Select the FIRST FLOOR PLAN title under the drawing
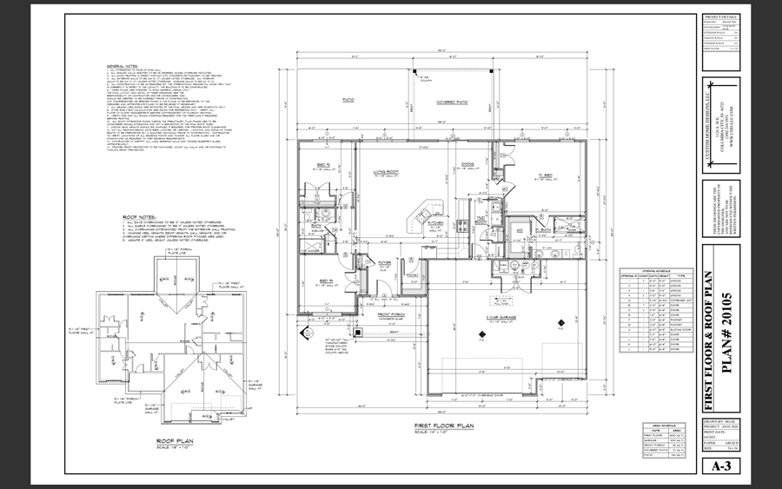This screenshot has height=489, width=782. click(445, 426)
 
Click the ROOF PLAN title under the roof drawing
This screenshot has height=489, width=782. click(174, 440)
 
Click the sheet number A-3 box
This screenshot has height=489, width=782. click(721, 466)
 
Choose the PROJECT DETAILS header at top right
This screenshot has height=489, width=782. click(721, 17)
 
